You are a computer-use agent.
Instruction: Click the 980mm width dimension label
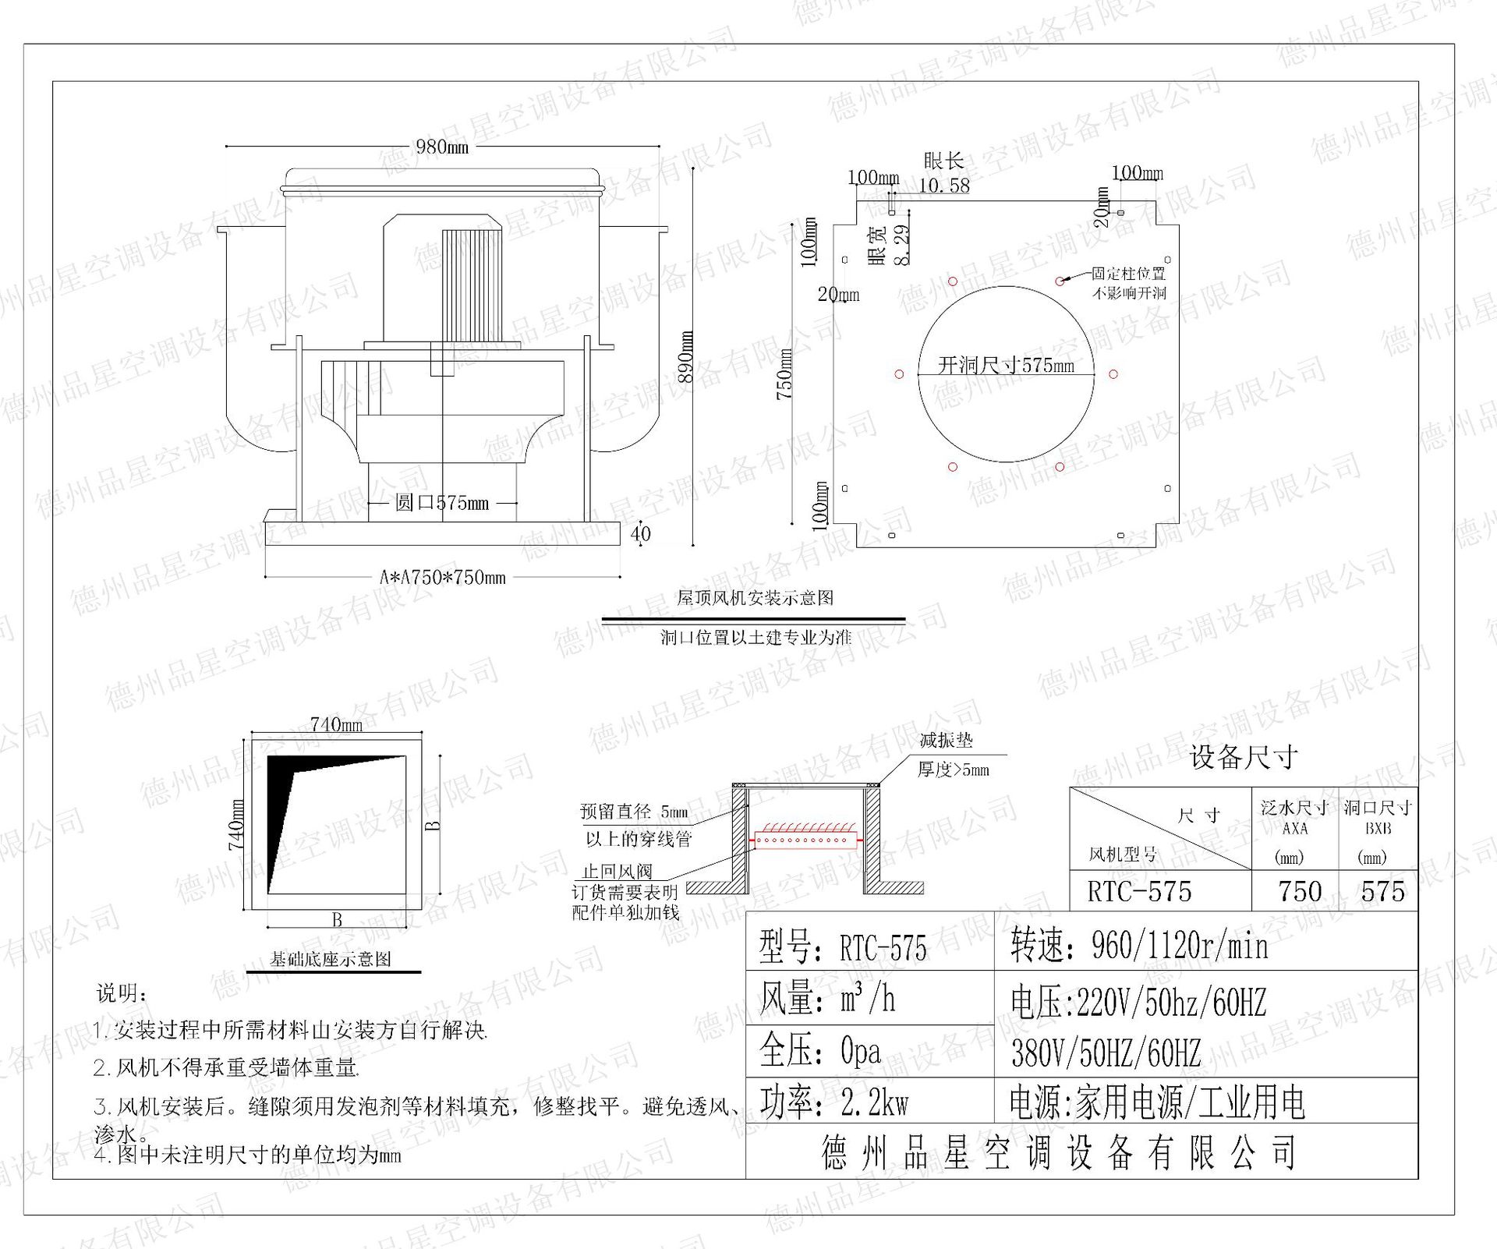coord(441,146)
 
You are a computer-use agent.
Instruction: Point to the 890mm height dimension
coord(685,356)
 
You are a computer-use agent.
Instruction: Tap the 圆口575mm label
coord(441,503)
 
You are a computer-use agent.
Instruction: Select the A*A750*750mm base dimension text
coord(442,578)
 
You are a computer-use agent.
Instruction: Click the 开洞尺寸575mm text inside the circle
coord(1006,365)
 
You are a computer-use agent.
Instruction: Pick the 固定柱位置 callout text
coord(1128,274)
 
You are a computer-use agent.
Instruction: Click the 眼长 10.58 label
coord(944,173)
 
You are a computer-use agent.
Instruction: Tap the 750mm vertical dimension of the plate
coord(784,374)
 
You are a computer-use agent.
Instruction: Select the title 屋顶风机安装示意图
coord(755,598)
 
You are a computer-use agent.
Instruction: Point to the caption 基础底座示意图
coord(331,959)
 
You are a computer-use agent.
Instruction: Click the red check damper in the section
coord(805,840)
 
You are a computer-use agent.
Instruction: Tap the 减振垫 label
coord(946,741)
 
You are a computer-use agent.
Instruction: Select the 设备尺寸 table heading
coord(1244,756)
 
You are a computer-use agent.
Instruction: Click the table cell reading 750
coord(1300,892)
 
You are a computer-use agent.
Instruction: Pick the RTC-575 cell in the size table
coord(1139,892)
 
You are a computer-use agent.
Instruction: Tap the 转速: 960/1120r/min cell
coord(1139,946)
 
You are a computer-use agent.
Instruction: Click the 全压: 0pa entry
coord(820,1052)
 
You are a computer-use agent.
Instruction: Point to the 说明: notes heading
coord(122,993)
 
